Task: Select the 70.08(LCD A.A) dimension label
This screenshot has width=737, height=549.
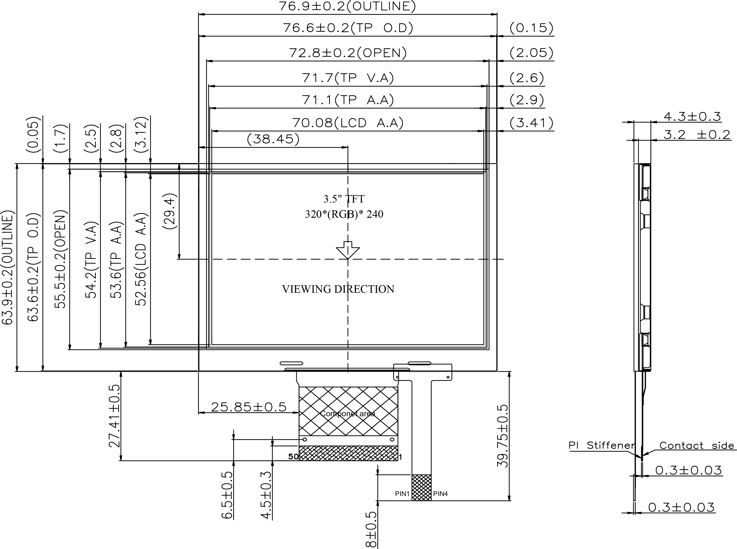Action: pyautogui.click(x=348, y=123)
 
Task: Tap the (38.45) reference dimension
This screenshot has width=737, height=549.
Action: pyautogui.click(x=273, y=139)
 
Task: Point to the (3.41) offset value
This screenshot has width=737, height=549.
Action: pyautogui.click(x=531, y=123)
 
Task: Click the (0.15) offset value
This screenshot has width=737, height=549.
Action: pyautogui.click(x=531, y=28)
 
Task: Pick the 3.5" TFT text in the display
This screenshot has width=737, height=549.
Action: pyautogui.click(x=344, y=199)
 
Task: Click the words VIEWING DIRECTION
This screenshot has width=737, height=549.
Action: pyautogui.click(x=338, y=289)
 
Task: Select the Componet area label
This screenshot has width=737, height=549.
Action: pyautogui.click(x=347, y=414)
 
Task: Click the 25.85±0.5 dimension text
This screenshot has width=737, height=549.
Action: pyautogui.click(x=249, y=407)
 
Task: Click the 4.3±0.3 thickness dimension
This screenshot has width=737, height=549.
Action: pyautogui.click(x=692, y=117)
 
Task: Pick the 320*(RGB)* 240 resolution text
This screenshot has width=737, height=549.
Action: pyautogui.click(x=344, y=214)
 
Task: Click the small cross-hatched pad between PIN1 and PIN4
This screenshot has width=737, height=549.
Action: pyautogui.click(x=421, y=488)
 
